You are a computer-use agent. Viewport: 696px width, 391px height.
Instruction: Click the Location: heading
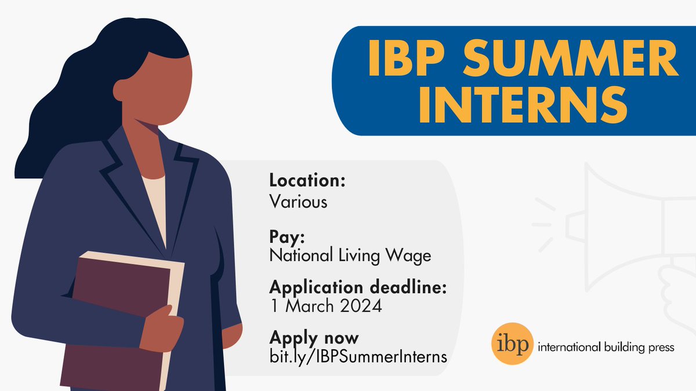click(x=307, y=181)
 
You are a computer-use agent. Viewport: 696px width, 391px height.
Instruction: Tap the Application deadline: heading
click(x=358, y=287)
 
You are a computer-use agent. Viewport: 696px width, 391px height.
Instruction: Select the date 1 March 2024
click(x=325, y=306)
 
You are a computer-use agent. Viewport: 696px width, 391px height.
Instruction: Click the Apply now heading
click(x=314, y=337)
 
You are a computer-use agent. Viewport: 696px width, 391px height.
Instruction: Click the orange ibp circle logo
click(x=510, y=347)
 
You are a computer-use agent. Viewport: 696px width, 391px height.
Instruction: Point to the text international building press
click(x=606, y=348)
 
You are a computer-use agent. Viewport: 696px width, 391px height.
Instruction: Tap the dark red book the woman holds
click(x=116, y=313)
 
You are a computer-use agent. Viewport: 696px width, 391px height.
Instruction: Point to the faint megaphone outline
click(x=626, y=226)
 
